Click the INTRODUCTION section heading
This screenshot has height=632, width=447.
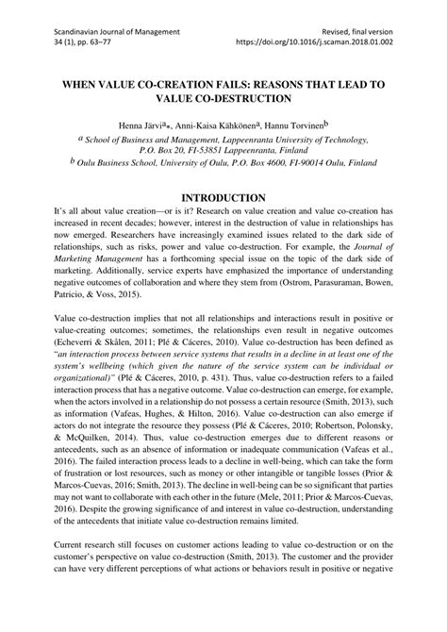pyautogui.click(x=223, y=224)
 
